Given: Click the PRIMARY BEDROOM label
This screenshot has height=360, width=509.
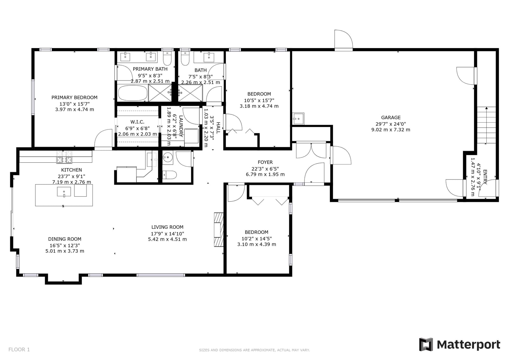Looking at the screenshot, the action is [74, 98].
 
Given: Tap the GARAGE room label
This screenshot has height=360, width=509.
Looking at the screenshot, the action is [391, 117].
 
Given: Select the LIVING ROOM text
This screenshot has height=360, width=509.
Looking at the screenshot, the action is [167, 227].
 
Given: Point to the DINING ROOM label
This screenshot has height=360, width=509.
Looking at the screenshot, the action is [65, 239].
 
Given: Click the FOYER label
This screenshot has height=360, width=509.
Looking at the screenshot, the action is [265, 162].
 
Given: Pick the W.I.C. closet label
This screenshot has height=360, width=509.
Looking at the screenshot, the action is [137, 122].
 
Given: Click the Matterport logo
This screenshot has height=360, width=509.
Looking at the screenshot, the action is [459, 344].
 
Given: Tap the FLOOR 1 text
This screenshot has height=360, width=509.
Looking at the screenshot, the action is [19, 349].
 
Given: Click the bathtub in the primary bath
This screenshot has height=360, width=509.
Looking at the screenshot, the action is [133, 93].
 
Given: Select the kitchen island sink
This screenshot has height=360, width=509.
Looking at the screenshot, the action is [64, 192].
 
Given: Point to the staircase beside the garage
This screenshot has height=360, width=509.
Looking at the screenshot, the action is [486, 125].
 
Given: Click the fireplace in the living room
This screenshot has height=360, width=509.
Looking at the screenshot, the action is [219, 229].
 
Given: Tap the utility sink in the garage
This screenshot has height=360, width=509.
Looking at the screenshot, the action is [298, 118].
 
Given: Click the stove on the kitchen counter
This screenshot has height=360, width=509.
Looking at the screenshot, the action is [64, 157].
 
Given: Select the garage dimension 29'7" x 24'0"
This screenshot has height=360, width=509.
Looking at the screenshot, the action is [391, 124].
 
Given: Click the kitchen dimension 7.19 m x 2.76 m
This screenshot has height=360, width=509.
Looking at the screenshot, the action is [72, 182].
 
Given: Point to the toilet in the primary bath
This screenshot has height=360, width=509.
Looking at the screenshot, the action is [167, 58].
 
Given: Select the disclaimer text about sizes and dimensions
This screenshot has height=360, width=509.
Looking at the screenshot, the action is [254, 350].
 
